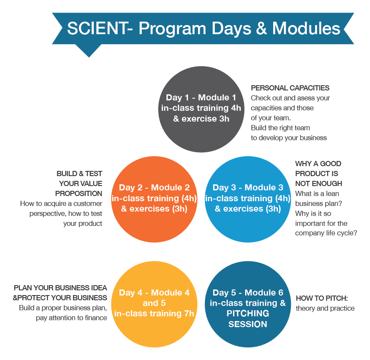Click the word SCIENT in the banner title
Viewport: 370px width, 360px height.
point(98,29)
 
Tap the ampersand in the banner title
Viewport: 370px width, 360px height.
point(262,29)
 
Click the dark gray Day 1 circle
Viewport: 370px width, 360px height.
point(201,109)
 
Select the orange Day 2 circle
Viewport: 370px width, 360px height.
point(154,199)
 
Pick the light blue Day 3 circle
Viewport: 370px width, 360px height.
point(248,199)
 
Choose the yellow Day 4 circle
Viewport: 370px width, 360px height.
point(154,304)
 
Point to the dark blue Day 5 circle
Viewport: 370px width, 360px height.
point(248,304)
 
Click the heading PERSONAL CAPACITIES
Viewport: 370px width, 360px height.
point(290,88)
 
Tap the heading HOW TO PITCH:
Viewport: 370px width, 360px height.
point(322,298)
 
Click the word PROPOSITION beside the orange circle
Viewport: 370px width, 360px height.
point(79,193)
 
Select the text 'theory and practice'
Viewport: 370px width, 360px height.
point(325,308)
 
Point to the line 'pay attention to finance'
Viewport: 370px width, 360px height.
point(71,318)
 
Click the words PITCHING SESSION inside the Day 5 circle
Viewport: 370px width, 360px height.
point(248,318)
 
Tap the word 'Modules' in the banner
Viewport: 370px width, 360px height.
point(306,29)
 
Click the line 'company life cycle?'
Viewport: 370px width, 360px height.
point(326,233)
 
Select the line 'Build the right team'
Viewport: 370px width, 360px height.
point(281,128)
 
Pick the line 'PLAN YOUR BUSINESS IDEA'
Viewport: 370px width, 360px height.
point(61,288)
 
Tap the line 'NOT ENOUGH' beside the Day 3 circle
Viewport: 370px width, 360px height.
point(319,183)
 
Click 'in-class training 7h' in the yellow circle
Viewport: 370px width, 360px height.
point(154,313)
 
